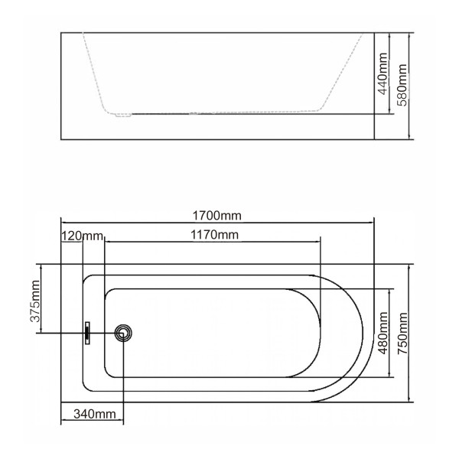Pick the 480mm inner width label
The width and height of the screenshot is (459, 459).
[x=382, y=334]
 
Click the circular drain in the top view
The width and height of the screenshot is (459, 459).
[x=123, y=333]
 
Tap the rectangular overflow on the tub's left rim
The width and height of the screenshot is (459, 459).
[x=88, y=333]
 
